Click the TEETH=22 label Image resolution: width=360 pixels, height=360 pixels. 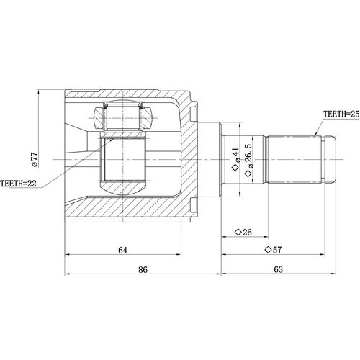pos(19,184)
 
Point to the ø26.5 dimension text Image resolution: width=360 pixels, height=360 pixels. pos(249,159)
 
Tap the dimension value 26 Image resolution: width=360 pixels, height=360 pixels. pos(247,232)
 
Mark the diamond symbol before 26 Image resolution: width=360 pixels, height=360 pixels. pos(236,232)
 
